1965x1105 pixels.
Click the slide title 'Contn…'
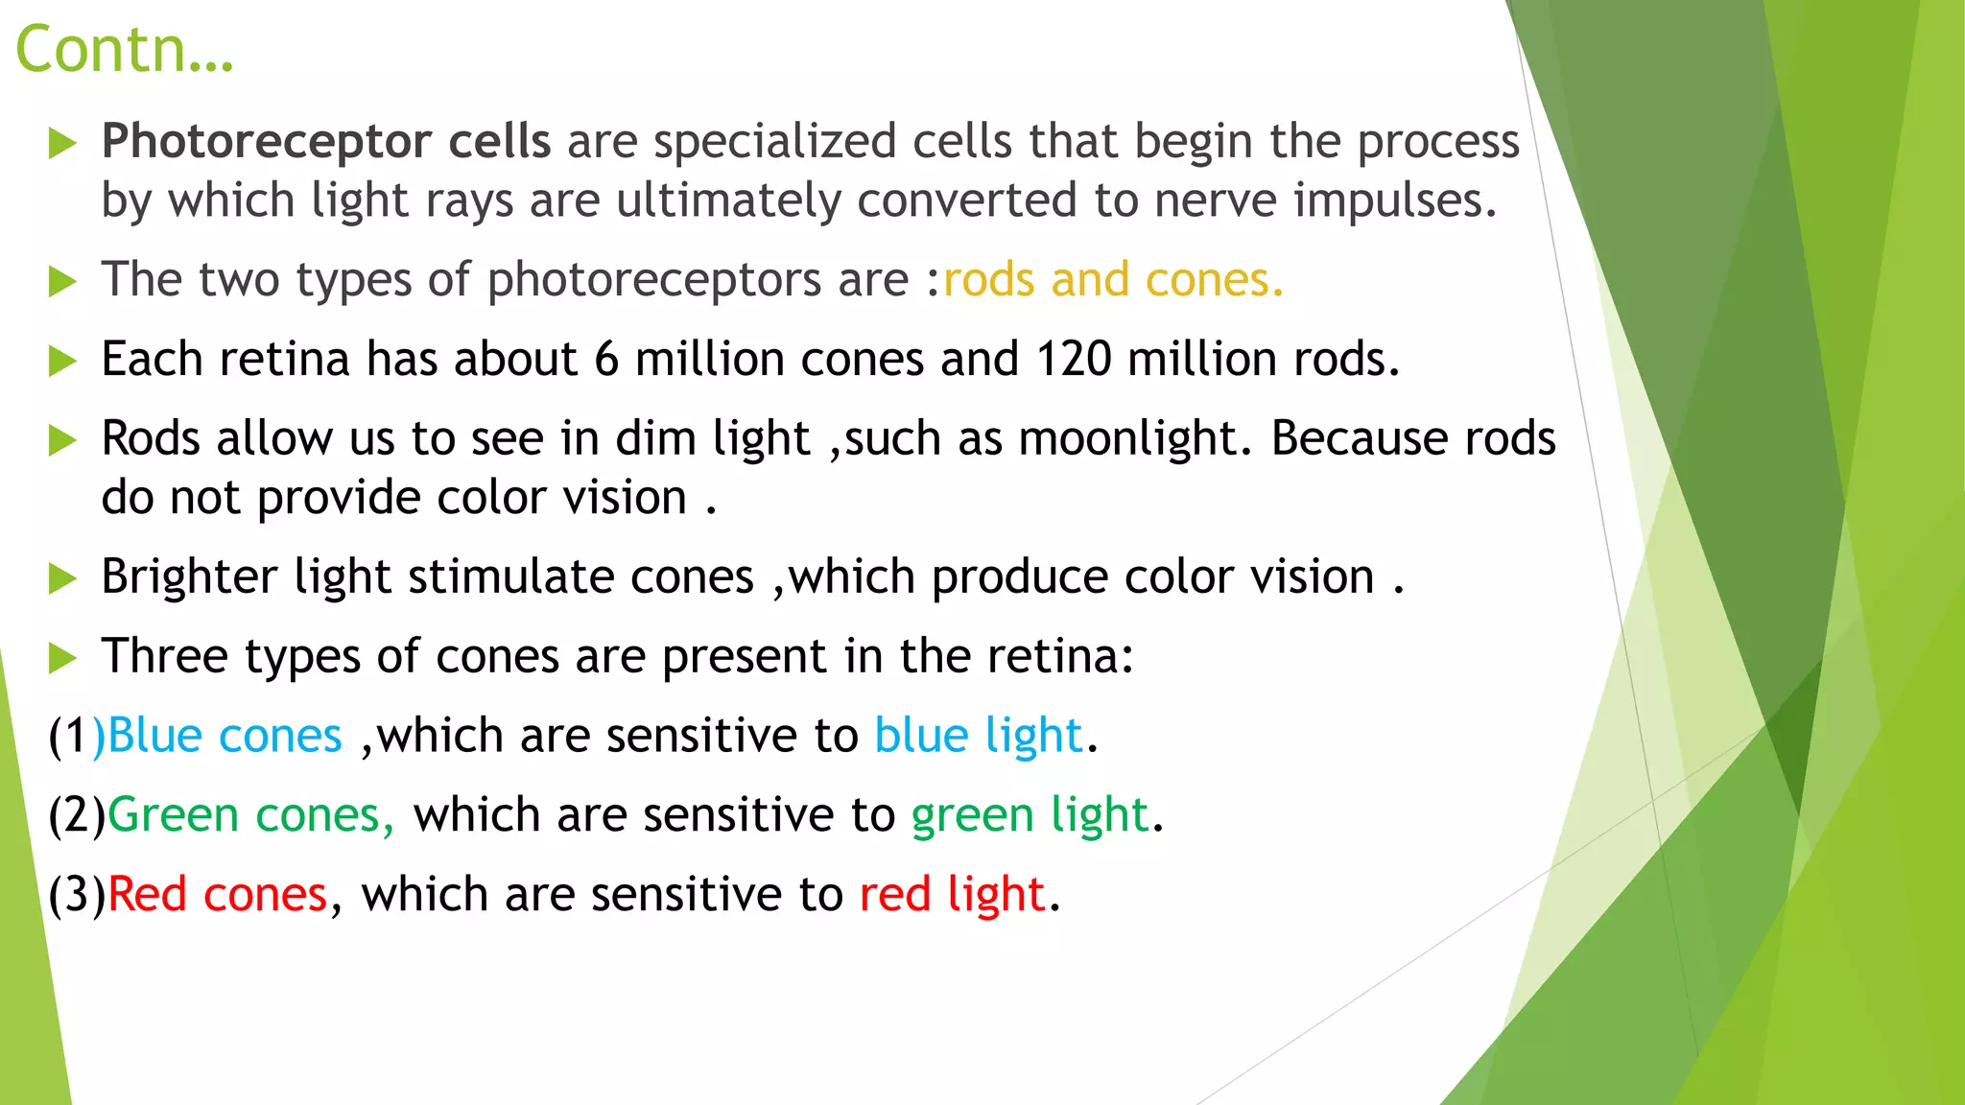point(124,50)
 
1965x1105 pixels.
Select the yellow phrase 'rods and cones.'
point(1113,280)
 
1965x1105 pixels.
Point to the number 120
point(1074,360)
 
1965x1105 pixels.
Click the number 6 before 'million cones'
point(606,360)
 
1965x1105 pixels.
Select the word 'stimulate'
point(510,577)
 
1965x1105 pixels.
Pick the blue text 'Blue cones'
point(225,737)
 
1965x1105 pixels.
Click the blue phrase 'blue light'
point(978,737)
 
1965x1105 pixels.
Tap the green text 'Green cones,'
point(250,816)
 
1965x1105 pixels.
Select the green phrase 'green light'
point(1030,816)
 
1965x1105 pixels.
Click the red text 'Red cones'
point(218,895)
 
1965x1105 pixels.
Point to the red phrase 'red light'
point(951,895)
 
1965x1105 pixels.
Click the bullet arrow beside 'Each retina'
point(62,362)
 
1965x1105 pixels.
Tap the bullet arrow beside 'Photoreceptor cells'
point(62,144)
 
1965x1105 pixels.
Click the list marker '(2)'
point(77,816)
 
